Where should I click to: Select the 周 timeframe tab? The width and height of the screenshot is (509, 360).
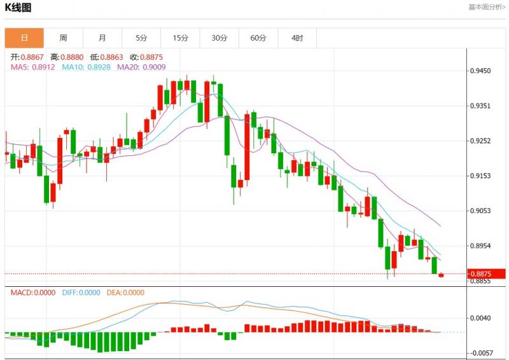click(x=63, y=38)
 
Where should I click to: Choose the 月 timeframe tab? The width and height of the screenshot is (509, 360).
click(x=102, y=38)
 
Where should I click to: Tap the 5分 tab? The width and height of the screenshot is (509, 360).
click(x=141, y=38)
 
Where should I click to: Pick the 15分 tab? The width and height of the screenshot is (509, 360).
click(x=181, y=38)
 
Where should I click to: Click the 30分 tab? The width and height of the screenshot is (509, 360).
click(x=220, y=38)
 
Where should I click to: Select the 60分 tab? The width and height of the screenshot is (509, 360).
click(x=258, y=38)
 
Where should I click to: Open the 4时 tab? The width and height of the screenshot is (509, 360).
click(x=297, y=38)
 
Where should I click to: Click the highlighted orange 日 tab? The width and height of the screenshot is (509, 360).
click(x=24, y=38)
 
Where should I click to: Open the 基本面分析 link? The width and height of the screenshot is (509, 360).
click(x=487, y=7)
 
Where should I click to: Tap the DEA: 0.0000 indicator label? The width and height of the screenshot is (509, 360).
click(x=124, y=293)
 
